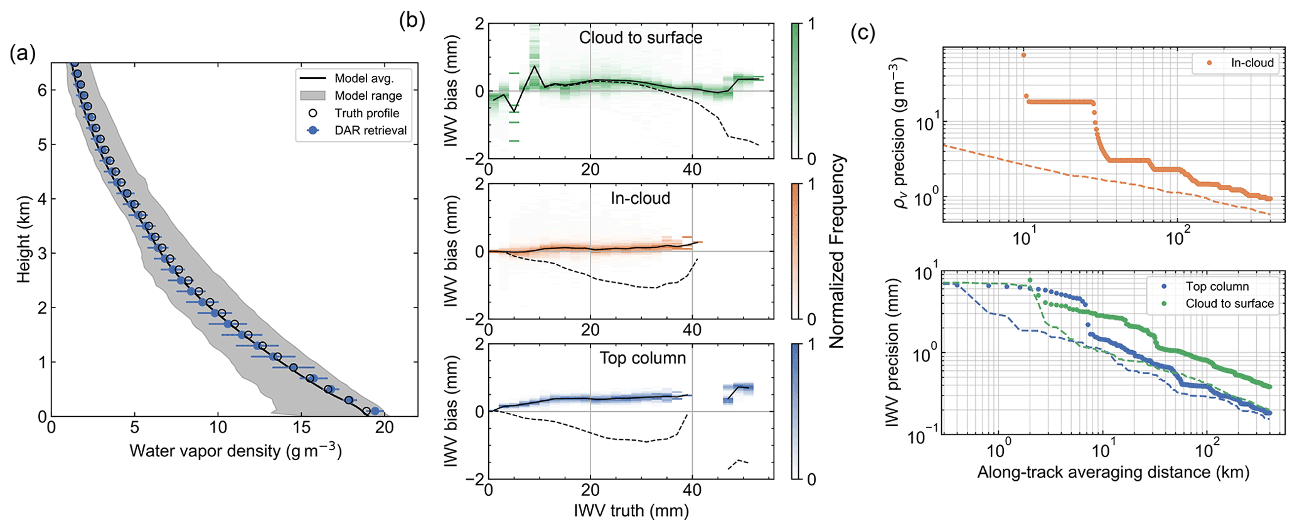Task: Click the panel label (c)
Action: click(x=863, y=32)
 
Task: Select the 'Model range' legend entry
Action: click(x=368, y=96)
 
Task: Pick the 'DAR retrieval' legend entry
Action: click(x=370, y=131)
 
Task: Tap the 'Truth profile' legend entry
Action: click(x=366, y=114)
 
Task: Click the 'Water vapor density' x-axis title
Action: click(x=235, y=451)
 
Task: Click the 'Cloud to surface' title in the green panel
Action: click(x=640, y=38)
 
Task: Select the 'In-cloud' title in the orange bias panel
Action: click(x=640, y=198)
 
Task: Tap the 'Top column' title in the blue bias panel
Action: click(x=642, y=358)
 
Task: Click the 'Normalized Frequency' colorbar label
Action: click(x=837, y=251)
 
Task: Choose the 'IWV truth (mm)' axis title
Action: click(x=631, y=510)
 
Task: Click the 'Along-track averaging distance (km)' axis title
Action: click(x=1113, y=472)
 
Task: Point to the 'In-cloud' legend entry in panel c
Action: click(x=1252, y=63)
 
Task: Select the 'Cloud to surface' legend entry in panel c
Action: click(x=1229, y=304)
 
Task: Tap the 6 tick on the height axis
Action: click(x=41, y=90)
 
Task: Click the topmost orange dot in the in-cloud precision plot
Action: click(x=1023, y=55)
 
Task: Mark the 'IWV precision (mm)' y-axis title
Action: click(x=893, y=353)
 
